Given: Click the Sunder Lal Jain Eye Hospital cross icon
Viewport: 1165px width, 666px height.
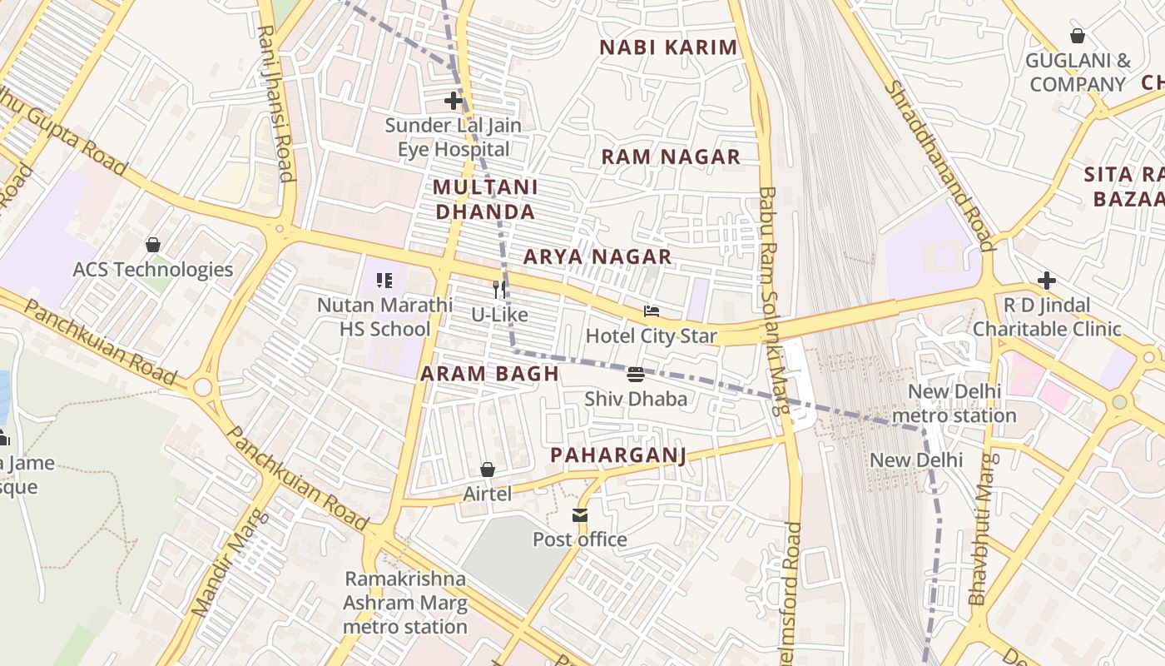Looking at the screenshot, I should (454, 102).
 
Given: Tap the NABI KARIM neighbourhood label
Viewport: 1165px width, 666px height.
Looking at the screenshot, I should (668, 47).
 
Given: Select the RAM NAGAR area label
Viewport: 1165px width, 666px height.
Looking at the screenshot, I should (671, 157).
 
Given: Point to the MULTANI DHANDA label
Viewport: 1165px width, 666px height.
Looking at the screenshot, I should (485, 199).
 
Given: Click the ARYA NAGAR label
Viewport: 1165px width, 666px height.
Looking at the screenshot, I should (597, 256).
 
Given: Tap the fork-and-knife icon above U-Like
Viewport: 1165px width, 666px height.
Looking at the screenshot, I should (499, 290).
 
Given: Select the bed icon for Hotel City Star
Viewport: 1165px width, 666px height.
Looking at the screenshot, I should (652, 311).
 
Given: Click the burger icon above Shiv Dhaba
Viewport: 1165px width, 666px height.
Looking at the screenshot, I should (636, 375).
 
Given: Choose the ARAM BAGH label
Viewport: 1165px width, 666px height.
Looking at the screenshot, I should (489, 374).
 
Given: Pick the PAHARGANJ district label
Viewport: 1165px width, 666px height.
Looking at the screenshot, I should (618, 455).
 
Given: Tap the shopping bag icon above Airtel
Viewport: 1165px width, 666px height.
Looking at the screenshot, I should (488, 470).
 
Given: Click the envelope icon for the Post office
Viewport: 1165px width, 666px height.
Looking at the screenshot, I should (580, 515).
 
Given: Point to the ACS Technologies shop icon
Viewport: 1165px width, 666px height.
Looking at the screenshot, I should (153, 245).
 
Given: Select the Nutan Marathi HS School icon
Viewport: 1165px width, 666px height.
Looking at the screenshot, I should (384, 281).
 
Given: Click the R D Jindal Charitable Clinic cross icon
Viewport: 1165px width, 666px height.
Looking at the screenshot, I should (1047, 281).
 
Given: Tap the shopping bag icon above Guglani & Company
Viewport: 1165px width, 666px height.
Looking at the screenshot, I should (1078, 36).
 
